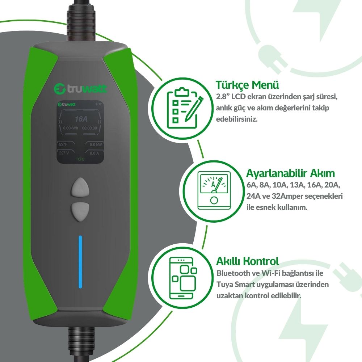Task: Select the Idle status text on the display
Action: pyautogui.click(x=80, y=159)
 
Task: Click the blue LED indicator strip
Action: pyautogui.click(x=80, y=262)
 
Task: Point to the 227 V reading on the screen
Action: pyautogui.click(x=64, y=153)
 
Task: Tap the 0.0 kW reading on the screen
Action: pyautogui.click(x=95, y=145)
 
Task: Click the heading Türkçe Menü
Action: pyautogui.click(x=247, y=85)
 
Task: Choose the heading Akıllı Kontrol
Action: pyautogui.click(x=247, y=261)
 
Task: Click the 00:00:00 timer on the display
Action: pyautogui.click(x=90, y=128)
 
